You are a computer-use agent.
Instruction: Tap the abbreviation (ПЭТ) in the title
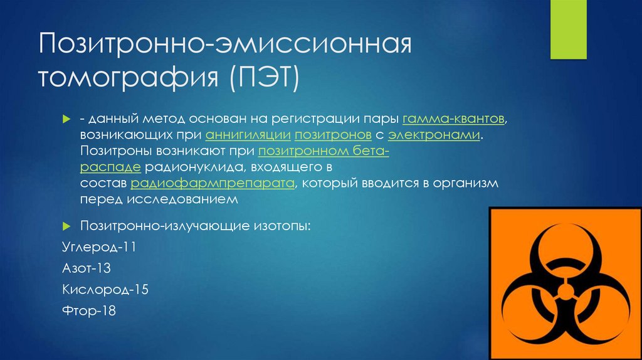coord(264,80)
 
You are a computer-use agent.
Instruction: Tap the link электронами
coord(434,135)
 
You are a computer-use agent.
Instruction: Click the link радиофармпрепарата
coord(213,184)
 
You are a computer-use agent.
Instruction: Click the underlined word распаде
coord(110,167)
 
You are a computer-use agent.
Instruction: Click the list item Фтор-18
coord(88,311)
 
